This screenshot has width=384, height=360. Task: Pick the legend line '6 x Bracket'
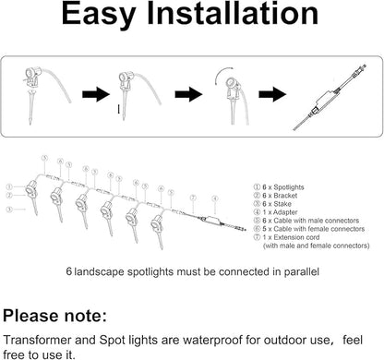click(286, 196)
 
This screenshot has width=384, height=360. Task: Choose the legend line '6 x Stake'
click(283, 205)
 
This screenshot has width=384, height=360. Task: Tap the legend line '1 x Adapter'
click(286, 214)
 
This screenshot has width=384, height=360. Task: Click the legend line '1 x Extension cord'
click(295, 242)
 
